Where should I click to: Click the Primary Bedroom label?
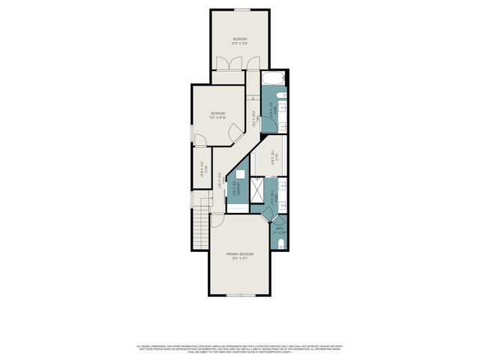point(240,255)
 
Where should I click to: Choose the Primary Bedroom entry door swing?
point(216,220)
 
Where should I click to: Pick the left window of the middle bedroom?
point(191,132)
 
